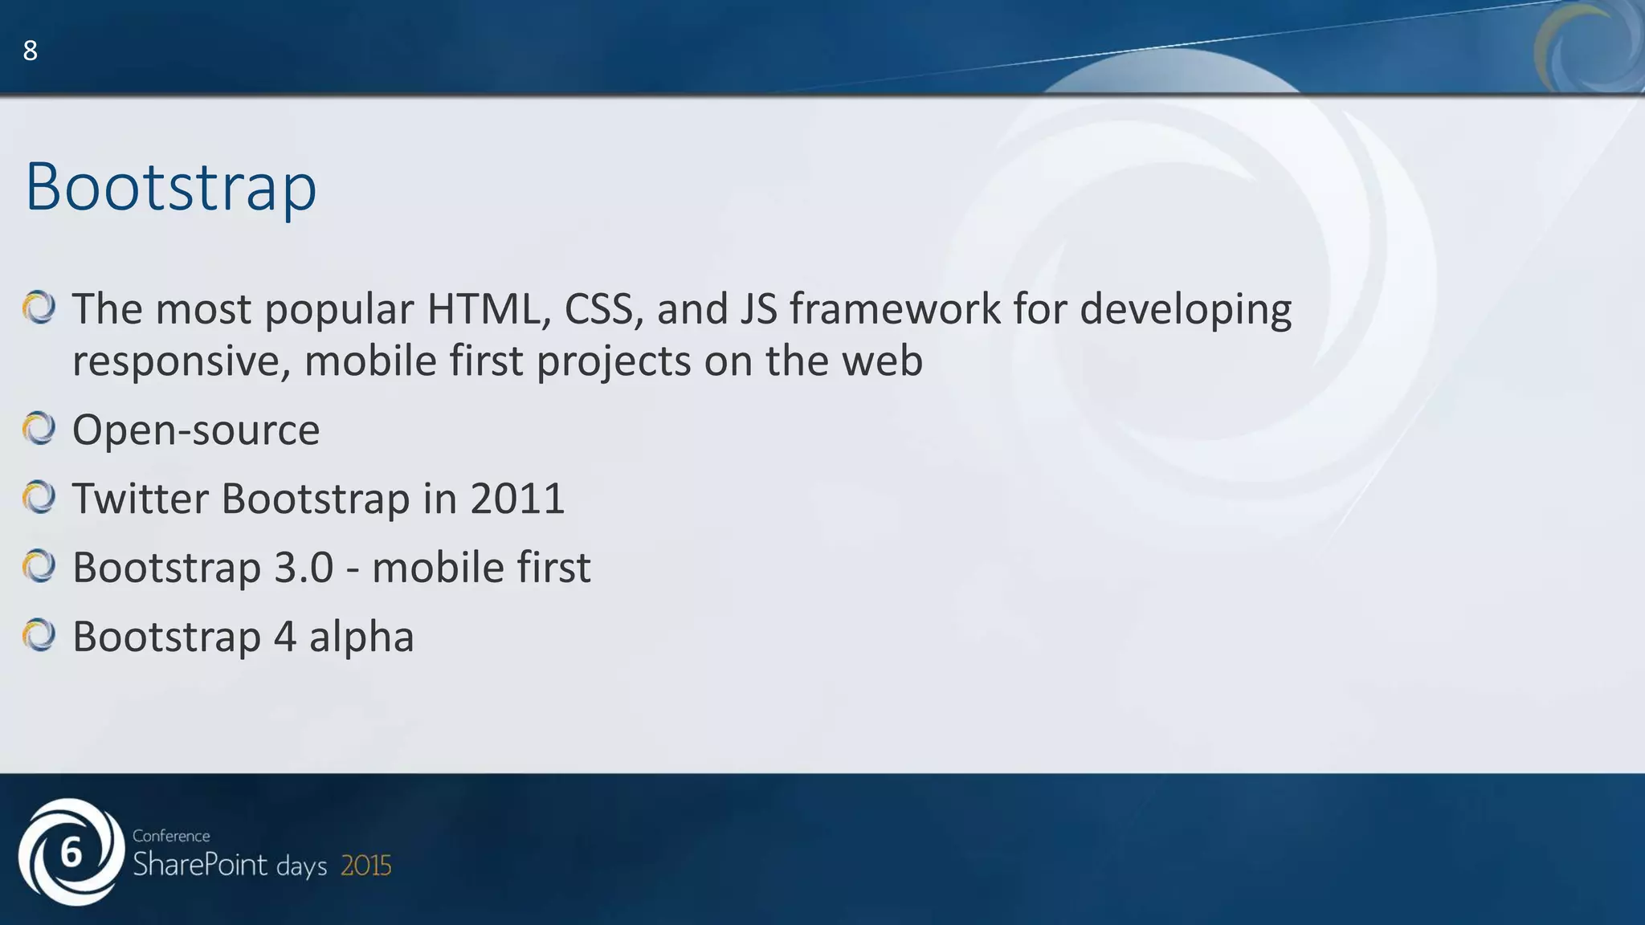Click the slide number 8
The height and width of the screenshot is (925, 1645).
click(x=30, y=51)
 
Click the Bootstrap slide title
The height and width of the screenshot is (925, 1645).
click(x=171, y=186)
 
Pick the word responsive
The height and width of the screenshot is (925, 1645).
click(x=181, y=361)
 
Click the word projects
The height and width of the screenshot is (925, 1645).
click(x=614, y=361)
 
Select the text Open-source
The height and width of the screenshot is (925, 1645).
click(x=196, y=430)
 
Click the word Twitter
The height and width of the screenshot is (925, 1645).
click(x=141, y=498)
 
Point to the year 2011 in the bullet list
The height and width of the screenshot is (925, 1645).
click(x=517, y=498)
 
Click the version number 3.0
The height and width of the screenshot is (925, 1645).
click(x=304, y=567)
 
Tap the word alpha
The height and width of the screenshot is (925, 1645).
click(x=361, y=636)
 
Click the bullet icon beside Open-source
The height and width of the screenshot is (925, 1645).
click(x=39, y=428)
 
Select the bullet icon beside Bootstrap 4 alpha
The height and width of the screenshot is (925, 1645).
click(x=39, y=635)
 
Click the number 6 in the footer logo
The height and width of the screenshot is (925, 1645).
click(x=71, y=853)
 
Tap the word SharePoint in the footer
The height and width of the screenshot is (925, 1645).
click(x=200, y=865)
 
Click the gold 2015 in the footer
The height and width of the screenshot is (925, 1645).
click(x=366, y=866)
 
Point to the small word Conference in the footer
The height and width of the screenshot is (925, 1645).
click(x=171, y=836)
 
